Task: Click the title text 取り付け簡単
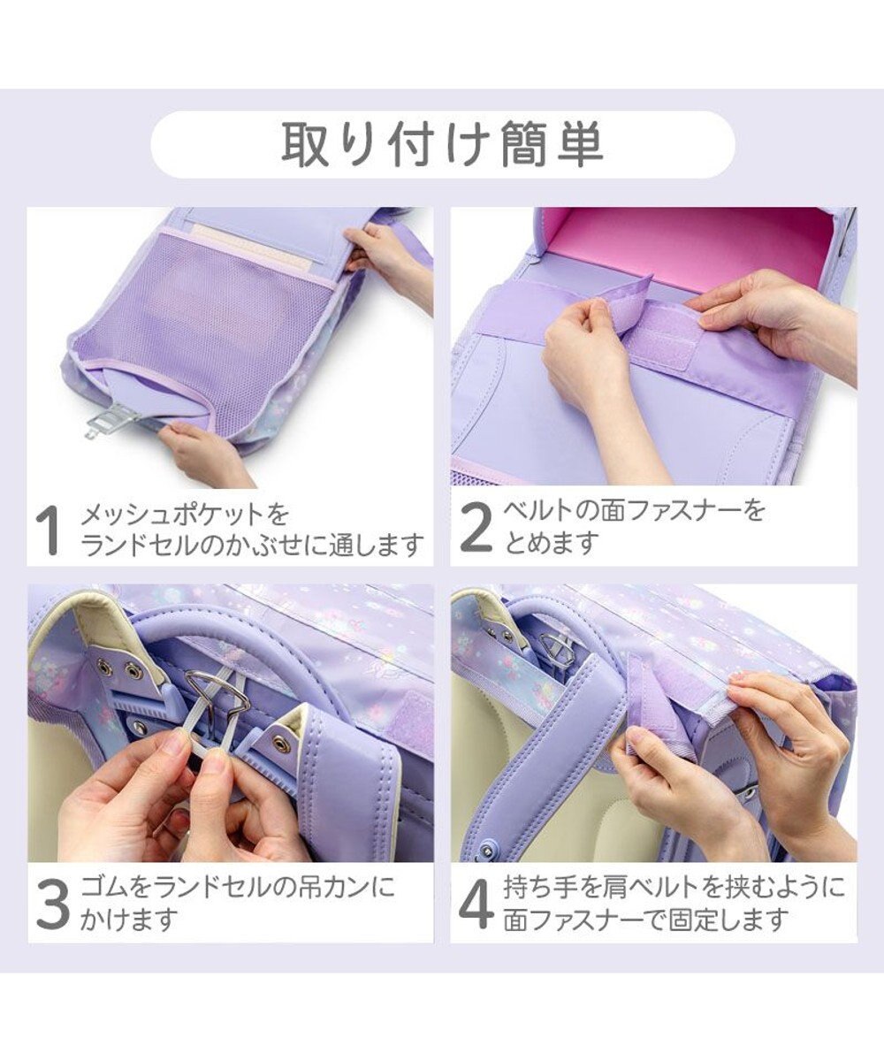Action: point(442,144)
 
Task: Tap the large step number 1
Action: point(50,530)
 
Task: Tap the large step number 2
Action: point(476,528)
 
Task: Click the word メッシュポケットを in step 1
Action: point(185,515)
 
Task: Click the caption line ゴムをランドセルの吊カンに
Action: point(238,887)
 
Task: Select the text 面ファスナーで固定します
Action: point(645,920)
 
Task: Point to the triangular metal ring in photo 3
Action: point(216,695)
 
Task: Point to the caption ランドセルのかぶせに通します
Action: point(252,546)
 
